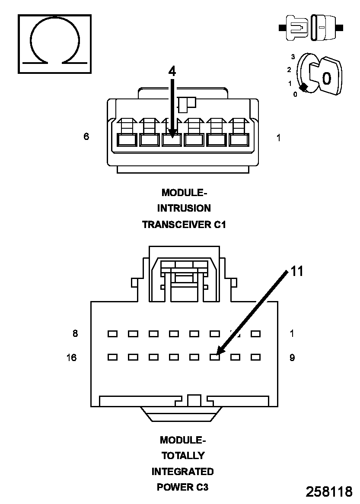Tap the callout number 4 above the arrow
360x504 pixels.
(x=172, y=72)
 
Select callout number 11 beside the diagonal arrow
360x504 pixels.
(x=296, y=271)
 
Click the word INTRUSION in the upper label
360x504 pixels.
(x=184, y=208)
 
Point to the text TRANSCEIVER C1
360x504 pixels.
(x=184, y=225)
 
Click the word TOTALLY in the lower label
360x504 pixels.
(x=183, y=456)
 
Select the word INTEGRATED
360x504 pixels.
(x=182, y=471)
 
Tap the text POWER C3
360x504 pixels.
(x=182, y=487)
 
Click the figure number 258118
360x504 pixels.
(x=329, y=492)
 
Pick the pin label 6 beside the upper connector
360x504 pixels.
(x=86, y=137)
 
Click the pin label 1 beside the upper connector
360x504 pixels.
(x=278, y=138)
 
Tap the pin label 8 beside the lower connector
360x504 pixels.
(x=75, y=333)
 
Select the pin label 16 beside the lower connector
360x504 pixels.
(x=72, y=358)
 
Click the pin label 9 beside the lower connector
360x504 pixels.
(x=292, y=358)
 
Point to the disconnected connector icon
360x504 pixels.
(x=311, y=27)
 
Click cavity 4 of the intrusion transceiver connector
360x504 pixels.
(x=172, y=139)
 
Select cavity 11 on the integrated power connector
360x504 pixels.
(x=214, y=357)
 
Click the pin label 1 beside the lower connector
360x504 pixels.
(x=292, y=333)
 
